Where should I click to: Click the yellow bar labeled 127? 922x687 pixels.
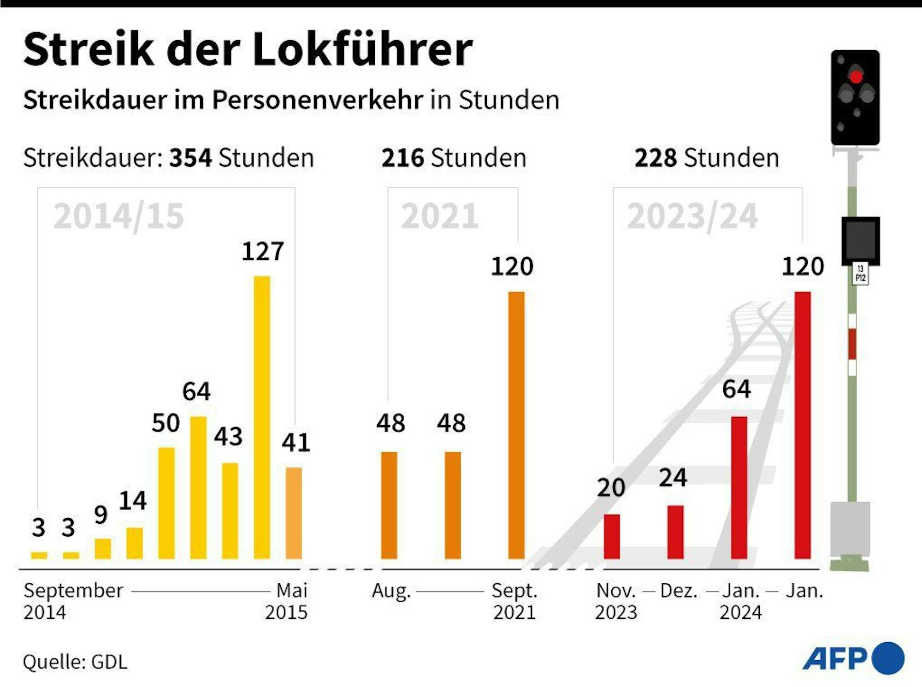coord(262,417)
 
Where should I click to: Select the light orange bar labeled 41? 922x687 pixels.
coord(294,513)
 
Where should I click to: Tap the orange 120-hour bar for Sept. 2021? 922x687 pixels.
coord(516,425)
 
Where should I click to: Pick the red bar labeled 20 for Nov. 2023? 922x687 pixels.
coord(612,536)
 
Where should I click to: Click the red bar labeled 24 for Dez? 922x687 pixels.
coord(675,532)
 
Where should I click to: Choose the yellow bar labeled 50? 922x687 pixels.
coord(166,503)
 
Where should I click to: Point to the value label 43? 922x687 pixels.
coord(228,437)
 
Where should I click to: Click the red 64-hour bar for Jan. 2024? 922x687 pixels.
coord(739,487)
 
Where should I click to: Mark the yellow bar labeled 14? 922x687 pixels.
coord(135,543)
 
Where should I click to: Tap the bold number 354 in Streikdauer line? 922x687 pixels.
coord(190,158)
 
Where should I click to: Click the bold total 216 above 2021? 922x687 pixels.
coord(402,158)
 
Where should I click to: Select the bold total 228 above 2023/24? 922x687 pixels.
coord(656,158)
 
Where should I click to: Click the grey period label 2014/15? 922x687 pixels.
coord(118,216)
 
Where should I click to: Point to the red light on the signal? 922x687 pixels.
coord(856,77)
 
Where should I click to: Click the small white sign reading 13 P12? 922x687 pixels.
coord(860,274)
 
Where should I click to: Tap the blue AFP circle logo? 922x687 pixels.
coord(888,658)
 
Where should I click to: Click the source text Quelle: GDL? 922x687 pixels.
coord(75,662)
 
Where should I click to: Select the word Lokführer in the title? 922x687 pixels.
coord(362,49)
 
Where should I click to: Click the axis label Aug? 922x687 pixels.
coord(391,591)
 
